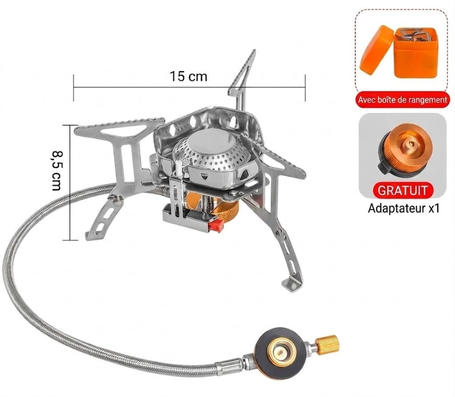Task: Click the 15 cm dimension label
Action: [x=188, y=76]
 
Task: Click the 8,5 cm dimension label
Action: [x=56, y=170]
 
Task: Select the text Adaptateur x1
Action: [x=403, y=208]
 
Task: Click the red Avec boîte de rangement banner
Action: [x=402, y=100]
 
